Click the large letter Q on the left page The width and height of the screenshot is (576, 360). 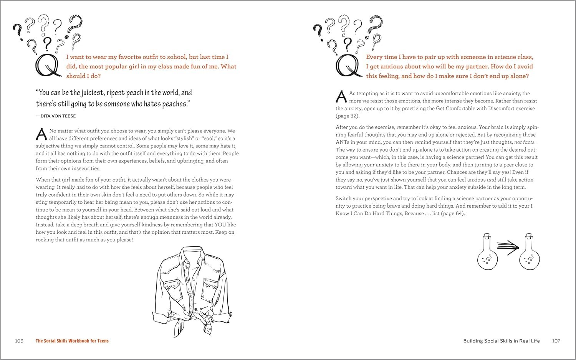(x=48, y=66)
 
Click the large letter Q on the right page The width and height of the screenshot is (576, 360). (x=348, y=66)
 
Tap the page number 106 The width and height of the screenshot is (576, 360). (x=19, y=341)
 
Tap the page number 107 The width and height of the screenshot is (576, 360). (x=556, y=341)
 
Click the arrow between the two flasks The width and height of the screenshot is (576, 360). (x=508, y=247)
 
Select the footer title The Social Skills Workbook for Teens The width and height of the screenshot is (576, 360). (x=72, y=341)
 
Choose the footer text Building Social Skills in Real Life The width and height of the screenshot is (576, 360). (x=502, y=341)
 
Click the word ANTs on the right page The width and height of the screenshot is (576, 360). (x=343, y=142)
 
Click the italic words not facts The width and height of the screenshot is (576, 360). (x=524, y=142)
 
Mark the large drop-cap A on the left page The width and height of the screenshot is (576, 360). (x=41, y=134)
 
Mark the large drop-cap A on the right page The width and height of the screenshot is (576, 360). (x=341, y=97)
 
